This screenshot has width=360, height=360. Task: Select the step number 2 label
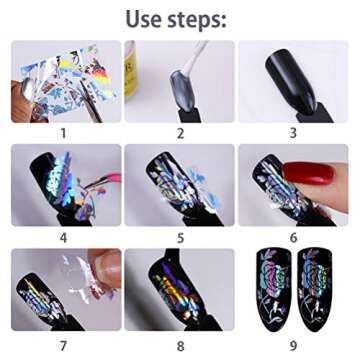(180, 132)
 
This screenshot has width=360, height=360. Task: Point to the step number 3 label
(293, 132)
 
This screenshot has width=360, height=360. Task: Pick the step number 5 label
(180, 237)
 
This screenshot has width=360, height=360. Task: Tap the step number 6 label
(293, 237)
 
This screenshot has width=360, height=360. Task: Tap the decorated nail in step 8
(175, 290)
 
